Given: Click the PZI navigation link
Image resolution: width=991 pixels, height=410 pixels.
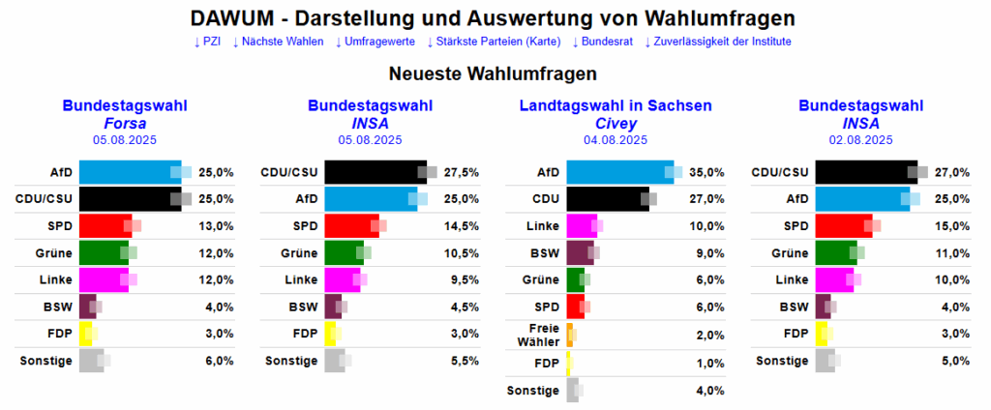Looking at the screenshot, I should [207, 42].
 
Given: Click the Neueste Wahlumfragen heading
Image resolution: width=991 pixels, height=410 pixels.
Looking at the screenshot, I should [493, 73].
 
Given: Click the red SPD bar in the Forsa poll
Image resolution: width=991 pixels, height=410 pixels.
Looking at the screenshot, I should [104, 226].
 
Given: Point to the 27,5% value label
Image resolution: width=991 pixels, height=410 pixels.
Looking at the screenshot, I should [461, 172].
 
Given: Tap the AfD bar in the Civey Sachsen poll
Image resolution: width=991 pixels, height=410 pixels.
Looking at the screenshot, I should [617, 172].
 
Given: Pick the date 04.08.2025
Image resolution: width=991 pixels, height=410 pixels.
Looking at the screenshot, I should [616, 140].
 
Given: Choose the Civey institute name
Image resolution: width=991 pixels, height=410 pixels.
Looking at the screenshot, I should [616, 123].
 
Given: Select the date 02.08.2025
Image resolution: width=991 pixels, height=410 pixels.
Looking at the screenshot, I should [861, 140].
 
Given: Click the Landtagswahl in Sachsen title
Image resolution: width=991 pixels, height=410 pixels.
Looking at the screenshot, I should [616, 105].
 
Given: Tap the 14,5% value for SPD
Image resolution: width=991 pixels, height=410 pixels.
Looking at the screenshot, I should [461, 226].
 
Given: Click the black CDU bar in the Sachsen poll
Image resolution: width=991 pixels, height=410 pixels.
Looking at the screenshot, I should [606, 199].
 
